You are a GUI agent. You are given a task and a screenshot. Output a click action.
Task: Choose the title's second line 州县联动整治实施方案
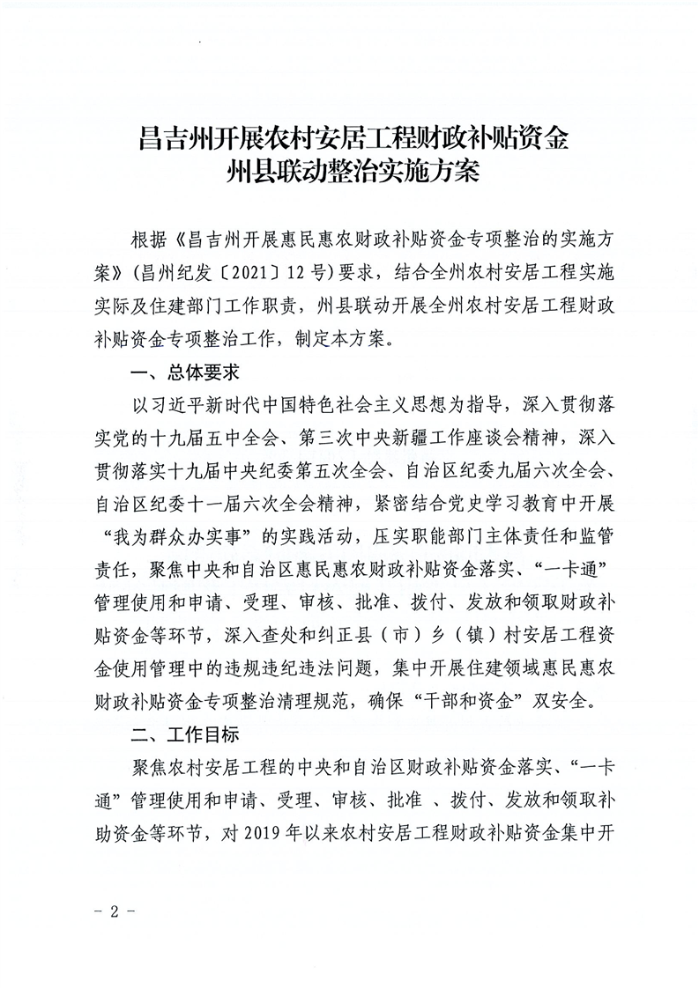(350, 170)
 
